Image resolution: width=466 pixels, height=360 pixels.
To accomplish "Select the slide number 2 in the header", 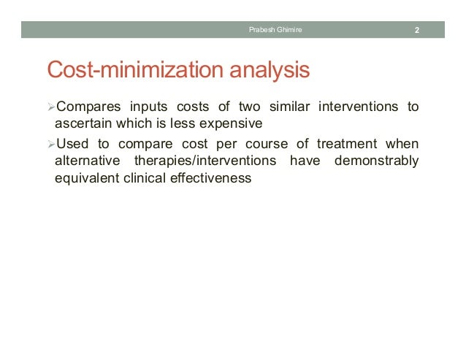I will point(416,31).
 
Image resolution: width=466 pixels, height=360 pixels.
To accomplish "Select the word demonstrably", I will point(376,160).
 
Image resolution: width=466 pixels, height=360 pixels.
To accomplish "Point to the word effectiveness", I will point(213,177).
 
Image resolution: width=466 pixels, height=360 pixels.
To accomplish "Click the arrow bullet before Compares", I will point(50,108).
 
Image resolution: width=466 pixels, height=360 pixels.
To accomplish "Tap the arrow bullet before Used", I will point(50,144).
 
